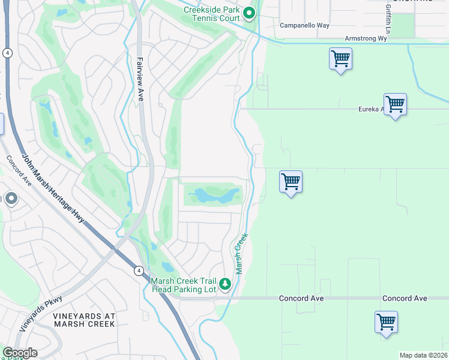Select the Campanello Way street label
[304, 25]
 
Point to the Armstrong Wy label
[366, 38]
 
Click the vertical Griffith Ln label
[388, 20]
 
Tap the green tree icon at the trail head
[225, 283]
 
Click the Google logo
[20, 353]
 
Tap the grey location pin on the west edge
[11, 199]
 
